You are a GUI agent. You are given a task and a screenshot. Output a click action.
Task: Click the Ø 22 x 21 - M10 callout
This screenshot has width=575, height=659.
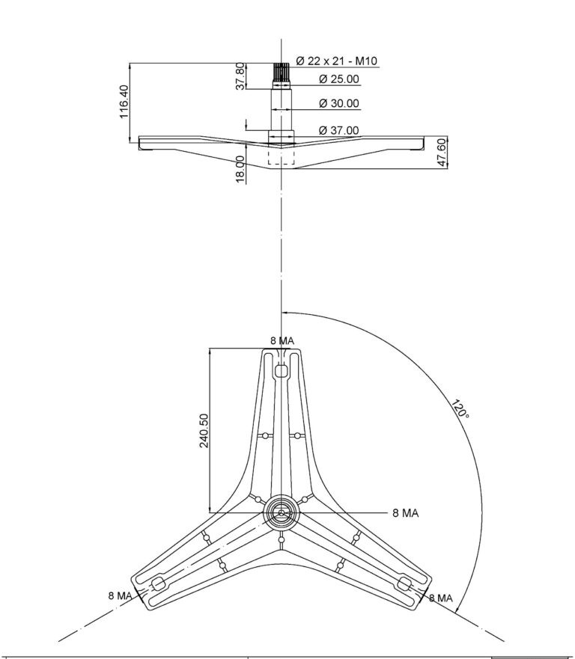[x=336, y=61]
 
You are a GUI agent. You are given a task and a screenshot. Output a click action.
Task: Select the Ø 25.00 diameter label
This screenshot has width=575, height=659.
[x=339, y=79]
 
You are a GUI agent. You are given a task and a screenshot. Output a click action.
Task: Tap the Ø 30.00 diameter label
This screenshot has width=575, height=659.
[x=339, y=103]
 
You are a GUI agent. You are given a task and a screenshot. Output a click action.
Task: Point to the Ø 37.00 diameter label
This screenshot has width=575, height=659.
[x=339, y=130]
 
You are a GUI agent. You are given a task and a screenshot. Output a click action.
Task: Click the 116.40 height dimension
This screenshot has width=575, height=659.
[x=124, y=102]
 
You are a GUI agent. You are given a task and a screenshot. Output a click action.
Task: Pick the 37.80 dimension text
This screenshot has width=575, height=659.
[x=240, y=76]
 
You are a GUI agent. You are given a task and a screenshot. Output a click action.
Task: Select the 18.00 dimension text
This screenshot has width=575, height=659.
[x=240, y=169]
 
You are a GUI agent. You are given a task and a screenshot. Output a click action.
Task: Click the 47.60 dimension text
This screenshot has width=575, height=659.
[x=442, y=153]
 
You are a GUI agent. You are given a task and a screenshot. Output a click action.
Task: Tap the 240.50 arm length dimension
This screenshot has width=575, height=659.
[x=204, y=431]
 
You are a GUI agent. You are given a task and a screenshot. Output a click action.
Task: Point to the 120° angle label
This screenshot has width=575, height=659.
[x=460, y=409]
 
